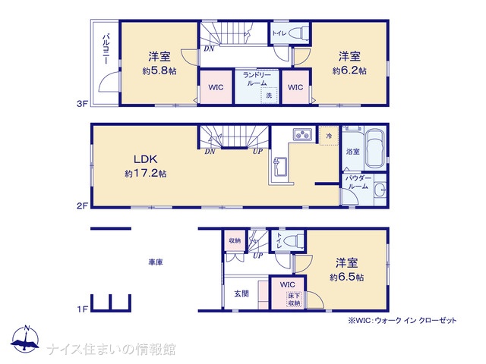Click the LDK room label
(145, 159)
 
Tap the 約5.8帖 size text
(159, 71)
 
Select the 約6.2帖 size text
(349, 71)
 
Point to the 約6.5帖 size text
(346, 277)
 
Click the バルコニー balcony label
(106, 49)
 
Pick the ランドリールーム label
(257, 79)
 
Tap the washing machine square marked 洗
(269, 96)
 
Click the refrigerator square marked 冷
(329, 136)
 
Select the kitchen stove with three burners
(302, 134)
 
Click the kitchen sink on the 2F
(280, 167)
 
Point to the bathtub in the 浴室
(375, 150)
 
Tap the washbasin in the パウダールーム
(380, 190)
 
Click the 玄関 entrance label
(241, 293)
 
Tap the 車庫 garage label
(156, 262)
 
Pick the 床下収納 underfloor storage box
(294, 300)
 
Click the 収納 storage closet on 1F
(235, 240)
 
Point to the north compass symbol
(25, 339)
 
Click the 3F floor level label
(82, 103)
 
